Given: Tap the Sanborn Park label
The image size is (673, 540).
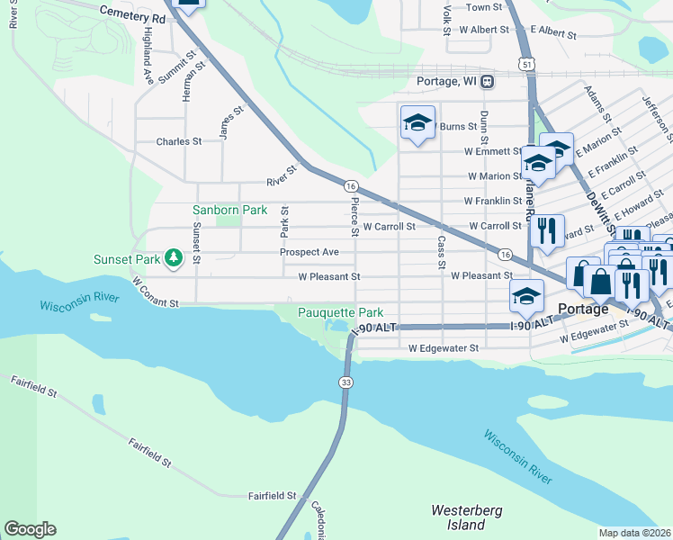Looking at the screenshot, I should coord(230,210).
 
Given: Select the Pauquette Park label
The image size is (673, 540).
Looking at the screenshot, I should coord(335,312).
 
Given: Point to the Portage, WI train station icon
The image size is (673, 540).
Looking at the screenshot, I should coord(487,81).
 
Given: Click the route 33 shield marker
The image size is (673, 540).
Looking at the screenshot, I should coord(346,382).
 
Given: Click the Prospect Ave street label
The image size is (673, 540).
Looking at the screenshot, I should coord(309,252).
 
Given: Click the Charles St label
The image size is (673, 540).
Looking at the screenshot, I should coord(178,142).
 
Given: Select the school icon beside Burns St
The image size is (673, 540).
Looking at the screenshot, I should coord(417,123).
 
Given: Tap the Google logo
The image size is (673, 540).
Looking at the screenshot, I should coord(30,529).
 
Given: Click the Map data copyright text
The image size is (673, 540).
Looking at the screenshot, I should coord(635,533).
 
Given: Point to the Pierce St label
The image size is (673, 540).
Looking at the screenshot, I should coord(355,217).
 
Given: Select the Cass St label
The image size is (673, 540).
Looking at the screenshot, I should coord(441,253).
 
